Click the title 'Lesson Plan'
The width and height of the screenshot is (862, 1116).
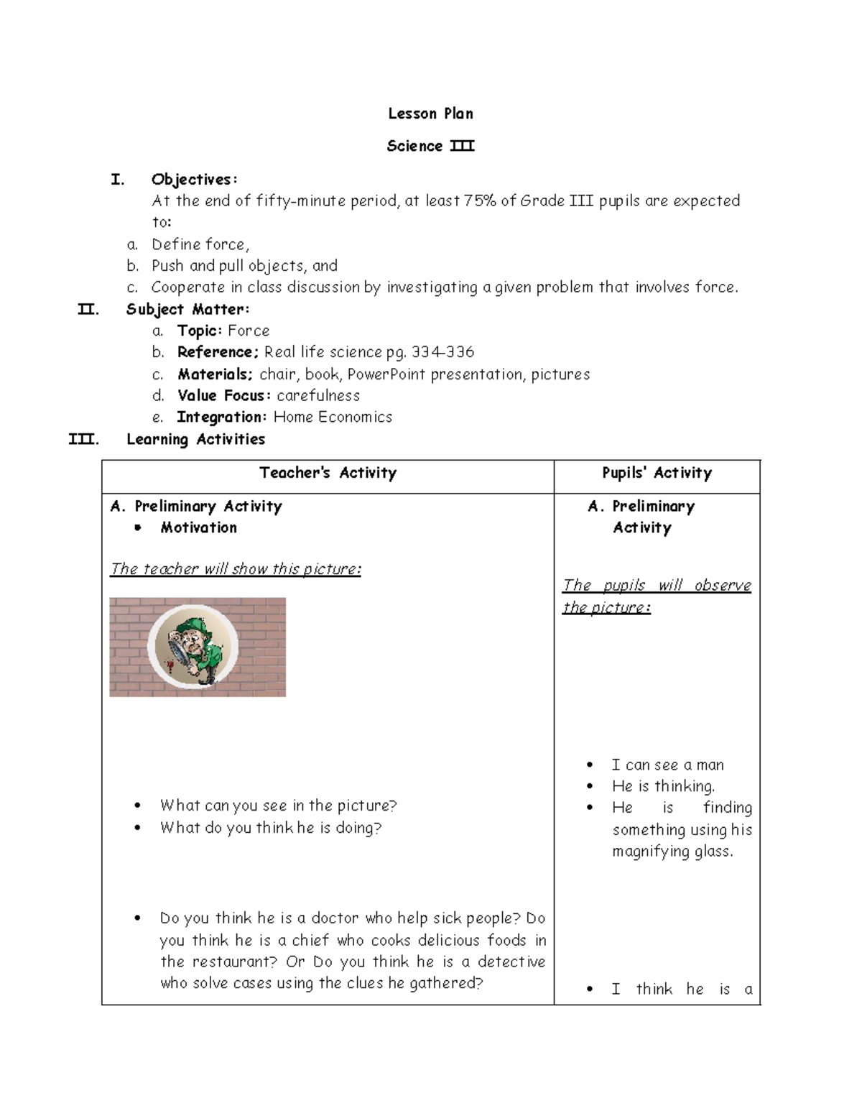[430, 114]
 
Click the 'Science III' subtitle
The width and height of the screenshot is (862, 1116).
[430, 146]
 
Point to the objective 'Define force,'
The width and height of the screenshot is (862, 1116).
[200, 244]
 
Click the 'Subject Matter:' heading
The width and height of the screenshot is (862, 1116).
[187, 309]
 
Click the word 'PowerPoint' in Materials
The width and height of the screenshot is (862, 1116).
[386, 374]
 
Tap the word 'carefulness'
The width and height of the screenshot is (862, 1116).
[318, 395]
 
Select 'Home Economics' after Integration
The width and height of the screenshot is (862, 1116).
[333, 417]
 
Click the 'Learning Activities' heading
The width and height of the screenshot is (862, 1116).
[195, 439]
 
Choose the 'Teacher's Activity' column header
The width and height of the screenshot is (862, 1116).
[328, 473]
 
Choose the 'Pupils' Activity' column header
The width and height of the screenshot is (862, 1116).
[657, 473]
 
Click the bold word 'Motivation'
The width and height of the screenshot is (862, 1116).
[198, 527]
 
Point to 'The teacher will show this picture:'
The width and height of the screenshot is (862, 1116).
[236, 569]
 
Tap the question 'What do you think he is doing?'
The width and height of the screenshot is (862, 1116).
[271, 828]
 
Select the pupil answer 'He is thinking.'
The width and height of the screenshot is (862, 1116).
[663, 786]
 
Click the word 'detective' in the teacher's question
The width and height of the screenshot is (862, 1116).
[511, 961]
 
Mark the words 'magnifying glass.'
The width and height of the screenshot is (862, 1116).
[672, 852]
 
